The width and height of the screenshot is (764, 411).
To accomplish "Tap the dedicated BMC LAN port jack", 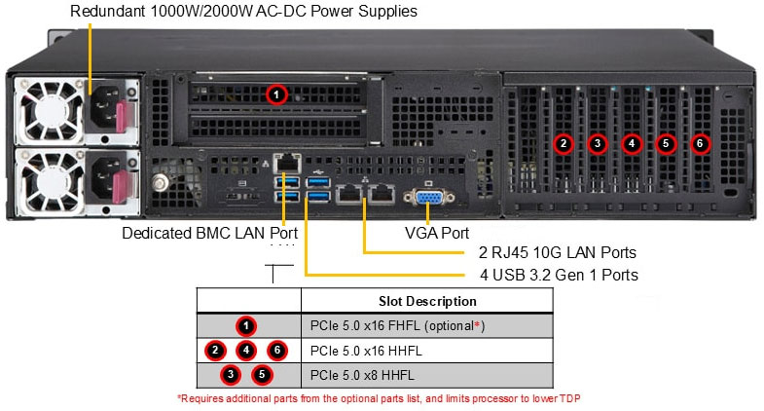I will [x=286, y=162].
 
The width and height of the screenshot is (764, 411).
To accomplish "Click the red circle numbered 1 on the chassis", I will [x=276, y=94].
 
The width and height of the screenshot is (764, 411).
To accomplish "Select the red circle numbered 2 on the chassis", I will [x=563, y=144].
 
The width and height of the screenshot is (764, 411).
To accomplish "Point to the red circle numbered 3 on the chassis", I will [x=597, y=144].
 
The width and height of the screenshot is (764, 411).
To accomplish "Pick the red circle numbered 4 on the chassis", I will [x=632, y=144].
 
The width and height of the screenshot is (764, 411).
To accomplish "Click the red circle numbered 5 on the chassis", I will [x=666, y=144].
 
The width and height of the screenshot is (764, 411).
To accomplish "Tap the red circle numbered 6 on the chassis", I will [x=700, y=144].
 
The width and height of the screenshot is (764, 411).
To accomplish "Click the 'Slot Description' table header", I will [x=427, y=301].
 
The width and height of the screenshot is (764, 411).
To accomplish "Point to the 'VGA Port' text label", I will [x=437, y=234].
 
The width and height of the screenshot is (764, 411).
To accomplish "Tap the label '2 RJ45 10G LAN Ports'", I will [x=551, y=254].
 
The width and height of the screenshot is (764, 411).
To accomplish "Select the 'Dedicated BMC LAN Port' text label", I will [x=209, y=234].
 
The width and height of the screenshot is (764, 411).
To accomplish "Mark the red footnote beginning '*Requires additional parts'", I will [x=379, y=398].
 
